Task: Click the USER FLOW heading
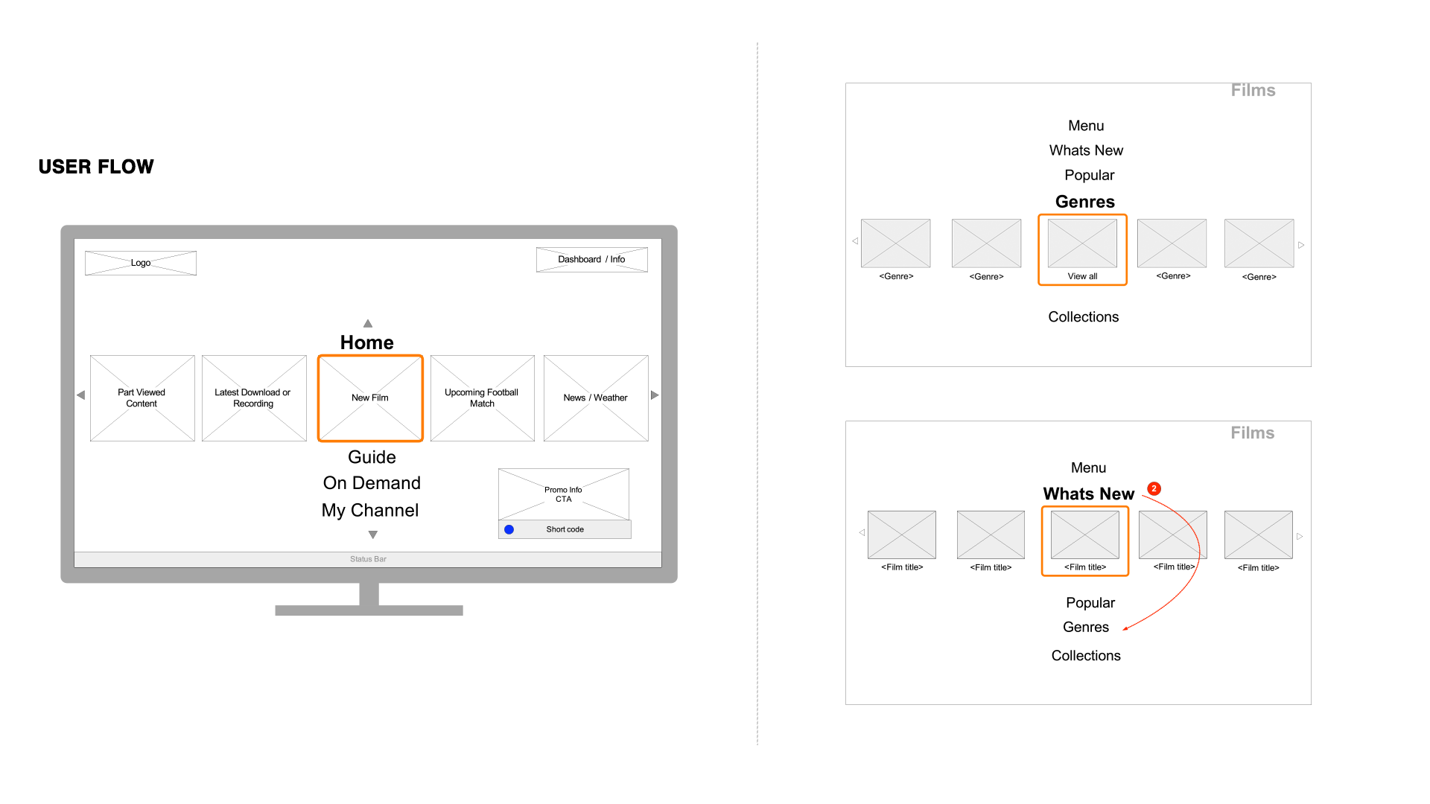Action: [96, 167]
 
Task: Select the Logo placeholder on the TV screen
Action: [141, 263]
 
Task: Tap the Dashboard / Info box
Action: [591, 259]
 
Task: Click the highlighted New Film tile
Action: [370, 398]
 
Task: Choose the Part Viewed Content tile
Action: [142, 398]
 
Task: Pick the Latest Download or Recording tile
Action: [254, 398]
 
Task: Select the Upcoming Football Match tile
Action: [482, 398]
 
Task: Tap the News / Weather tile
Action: [596, 398]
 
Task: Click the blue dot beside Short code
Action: [509, 529]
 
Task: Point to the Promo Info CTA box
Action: [564, 494]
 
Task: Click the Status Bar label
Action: [368, 559]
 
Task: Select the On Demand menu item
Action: [372, 483]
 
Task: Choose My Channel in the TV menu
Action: [370, 510]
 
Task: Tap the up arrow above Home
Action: [368, 323]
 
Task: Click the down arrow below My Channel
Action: [373, 535]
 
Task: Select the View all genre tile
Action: [1082, 249]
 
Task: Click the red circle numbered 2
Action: [1154, 488]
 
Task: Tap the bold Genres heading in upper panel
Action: [1085, 202]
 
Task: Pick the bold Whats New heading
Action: [1088, 494]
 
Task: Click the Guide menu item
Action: [372, 457]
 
